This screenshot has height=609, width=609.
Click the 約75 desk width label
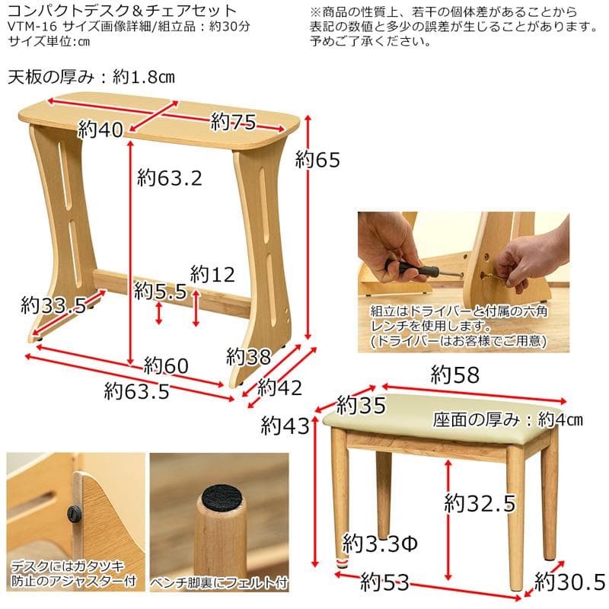pyautogui.click(x=233, y=121)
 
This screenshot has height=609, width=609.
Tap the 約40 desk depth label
pyautogui.click(x=100, y=131)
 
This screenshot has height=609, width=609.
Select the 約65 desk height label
pyautogui.click(x=317, y=160)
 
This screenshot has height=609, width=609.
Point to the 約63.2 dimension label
pyautogui.click(x=170, y=178)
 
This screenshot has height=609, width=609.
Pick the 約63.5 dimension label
pyautogui.click(x=136, y=391)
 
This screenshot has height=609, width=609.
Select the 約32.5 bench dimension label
pyautogui.click(x=480, y=503)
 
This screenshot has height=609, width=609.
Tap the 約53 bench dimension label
pyautogui.click(x=385, y=584)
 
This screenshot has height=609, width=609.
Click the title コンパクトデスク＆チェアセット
pyautogui.click(x=122, y=11)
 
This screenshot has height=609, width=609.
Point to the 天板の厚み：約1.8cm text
pyautogui.click(x=91, y=78)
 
